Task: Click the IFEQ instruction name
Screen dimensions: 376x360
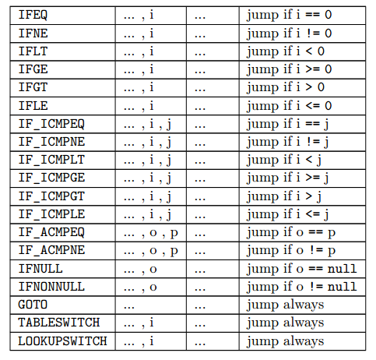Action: pos(33,15)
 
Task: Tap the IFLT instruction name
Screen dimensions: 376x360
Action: pos(33,51)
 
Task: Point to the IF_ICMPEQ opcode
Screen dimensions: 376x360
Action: pos(51,124)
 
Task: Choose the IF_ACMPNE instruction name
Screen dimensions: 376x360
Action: pos(51,250)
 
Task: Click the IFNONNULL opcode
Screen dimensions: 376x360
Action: pos(51,287)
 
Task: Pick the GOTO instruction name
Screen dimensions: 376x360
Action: pos(33,305)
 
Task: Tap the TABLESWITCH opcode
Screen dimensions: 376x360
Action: pos(59,323)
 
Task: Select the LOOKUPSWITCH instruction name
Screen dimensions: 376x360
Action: pos(62,341)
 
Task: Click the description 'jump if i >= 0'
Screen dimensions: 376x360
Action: pos(290,69)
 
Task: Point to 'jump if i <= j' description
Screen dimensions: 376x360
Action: pos(288,214)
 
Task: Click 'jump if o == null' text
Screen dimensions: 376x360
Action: pos(302,269)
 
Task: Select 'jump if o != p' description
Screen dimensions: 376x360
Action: pos(291,251)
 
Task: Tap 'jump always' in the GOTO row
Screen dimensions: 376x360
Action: pos(286,305)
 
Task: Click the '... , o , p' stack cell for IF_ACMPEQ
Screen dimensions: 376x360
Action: pos(151,233)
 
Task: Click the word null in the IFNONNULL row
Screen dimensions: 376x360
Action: pos(343,287)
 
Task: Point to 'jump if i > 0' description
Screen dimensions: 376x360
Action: pos(286,87)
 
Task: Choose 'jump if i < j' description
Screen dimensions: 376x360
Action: pos(284,161)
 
